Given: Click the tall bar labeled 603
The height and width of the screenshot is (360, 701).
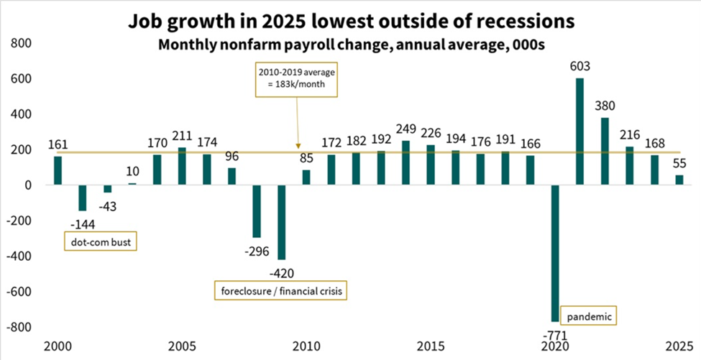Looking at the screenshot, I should [x=580, y=131].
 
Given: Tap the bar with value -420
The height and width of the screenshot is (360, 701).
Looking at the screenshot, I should [x=282, y=222].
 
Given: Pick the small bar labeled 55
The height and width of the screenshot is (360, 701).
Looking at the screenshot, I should [x=679, y=180].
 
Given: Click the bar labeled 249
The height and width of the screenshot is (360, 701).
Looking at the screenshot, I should [x=406, y=162].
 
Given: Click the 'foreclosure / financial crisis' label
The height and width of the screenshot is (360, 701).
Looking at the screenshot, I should [x=279, y=291].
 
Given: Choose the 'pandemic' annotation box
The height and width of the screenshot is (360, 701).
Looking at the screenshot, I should [x=591, y=315].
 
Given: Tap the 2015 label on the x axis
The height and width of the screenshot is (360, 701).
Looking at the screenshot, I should [x=431, y=345].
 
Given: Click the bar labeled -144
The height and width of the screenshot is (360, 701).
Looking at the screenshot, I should [x=83, y=198].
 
